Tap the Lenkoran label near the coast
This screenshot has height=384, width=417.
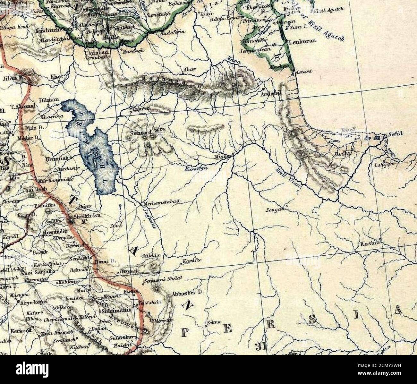(x=302, y=41)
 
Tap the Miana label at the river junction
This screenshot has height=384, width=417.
(x=223, y=156)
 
